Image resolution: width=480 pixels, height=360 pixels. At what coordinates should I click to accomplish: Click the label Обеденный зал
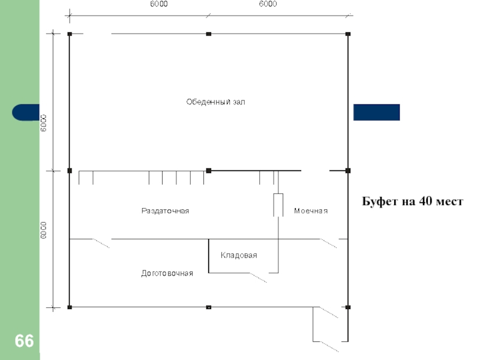[215, 102]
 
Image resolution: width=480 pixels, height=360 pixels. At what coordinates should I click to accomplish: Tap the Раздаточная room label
[165, 211]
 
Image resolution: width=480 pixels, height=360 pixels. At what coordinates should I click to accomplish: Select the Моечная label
[311, 211]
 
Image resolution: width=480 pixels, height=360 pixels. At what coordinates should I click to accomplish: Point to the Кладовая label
[239, 256]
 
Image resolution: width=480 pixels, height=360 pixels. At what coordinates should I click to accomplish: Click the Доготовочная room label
[167, 274]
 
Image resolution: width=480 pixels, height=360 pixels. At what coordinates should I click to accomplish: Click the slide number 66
[25, 341]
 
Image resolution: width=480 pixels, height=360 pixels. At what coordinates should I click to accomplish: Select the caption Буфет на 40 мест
[412, 202]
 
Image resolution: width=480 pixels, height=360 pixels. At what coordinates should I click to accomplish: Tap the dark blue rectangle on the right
[376, 112]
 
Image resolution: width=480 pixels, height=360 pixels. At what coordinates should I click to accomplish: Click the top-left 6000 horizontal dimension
[158, 4]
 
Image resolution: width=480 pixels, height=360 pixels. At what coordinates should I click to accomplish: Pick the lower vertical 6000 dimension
[44, 231]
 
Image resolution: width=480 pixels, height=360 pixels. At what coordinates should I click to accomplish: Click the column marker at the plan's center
[208, 171]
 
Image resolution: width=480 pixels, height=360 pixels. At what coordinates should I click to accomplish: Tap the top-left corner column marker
[70, 34]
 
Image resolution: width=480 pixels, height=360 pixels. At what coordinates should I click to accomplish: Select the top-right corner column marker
[347, 34]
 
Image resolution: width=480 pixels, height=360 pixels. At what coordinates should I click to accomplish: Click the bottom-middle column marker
[208, 307]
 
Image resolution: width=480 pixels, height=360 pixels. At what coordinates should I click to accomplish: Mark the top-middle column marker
[208, 34]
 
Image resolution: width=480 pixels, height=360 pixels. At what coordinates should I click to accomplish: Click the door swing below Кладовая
[259, 277]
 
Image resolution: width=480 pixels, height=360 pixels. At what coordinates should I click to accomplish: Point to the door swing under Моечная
[328, 243]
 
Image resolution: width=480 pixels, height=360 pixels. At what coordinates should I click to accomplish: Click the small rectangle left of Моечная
[278, 205]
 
